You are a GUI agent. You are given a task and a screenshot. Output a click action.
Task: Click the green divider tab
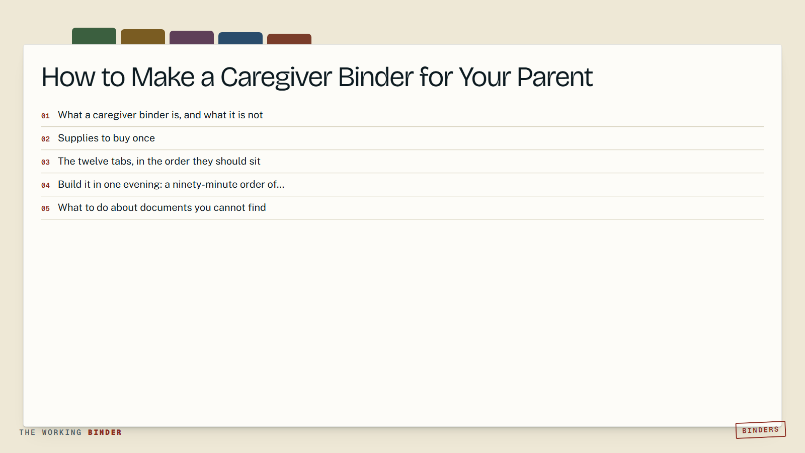pyautogui.click(x=94, y=36)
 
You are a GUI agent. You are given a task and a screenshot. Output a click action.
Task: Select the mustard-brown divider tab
pyautogui.click(x=143, y=37)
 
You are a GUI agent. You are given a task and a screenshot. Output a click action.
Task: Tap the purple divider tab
pyautogui.click(x=192, y=38)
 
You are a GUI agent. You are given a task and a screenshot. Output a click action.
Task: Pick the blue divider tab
pyautogui.click(x=240, y=38)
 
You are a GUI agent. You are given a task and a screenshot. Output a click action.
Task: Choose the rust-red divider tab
pyautogui.click(x=289, y=39)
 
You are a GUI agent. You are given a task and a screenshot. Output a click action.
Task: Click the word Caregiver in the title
pyautogui.click(x=276, y=78)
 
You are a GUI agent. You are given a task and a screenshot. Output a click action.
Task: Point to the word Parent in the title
pyautogui.click(x=555, y=78)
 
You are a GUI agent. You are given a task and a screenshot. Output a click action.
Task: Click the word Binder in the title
pyautogui.click(x=375, y=77)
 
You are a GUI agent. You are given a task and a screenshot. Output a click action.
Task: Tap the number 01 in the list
pyautogui.click(x=45, y=116)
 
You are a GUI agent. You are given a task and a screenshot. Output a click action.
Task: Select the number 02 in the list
pyautogui.click(x=45, y=139)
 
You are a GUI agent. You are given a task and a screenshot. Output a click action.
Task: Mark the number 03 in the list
pyautogui.click(x=45, y=162)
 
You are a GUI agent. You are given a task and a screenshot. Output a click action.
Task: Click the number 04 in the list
pyautogui.click(x=45, y=186)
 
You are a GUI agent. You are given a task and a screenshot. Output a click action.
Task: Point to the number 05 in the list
pyautogui.click(x=45, y=208)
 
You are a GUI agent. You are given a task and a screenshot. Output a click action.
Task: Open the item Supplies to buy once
pyautogui.click(x=106, y=138)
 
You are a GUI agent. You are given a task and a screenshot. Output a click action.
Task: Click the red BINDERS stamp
pyautogui.click(x=760, y=430)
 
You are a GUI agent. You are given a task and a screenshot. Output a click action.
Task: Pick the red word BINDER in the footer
pyautogui.click(x=105, y=432)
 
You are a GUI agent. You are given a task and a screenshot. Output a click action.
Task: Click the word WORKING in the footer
pyautogui.click(x=62, y=432)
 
